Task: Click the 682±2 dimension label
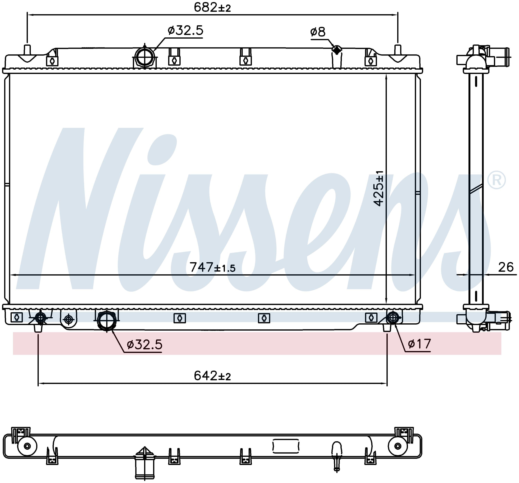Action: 212,8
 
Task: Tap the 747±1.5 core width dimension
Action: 212,267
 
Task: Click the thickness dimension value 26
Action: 506,267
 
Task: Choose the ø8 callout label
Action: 318,32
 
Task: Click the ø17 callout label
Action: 419,344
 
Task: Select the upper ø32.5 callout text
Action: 185,30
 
